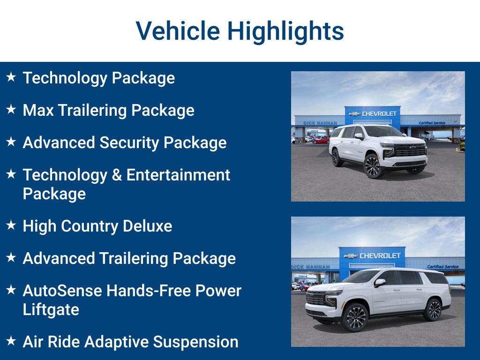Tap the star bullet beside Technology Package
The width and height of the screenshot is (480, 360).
click(x=11, y=77)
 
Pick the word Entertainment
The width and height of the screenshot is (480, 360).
click(x=178, y=175)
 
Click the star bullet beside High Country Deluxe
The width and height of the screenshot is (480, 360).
click(x=11, y=225)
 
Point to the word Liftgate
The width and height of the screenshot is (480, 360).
click(x=51, y=309)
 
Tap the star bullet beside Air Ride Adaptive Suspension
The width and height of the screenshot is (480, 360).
click(x=11, y=341)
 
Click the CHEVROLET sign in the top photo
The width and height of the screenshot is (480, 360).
click(x=378, y=113)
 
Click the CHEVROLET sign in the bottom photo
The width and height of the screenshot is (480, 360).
click(x=379, y=256)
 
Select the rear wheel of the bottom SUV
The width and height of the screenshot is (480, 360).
click(x=433, y=309)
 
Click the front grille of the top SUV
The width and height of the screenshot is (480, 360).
click(x=410, y=150)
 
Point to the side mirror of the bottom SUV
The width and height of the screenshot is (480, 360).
click(x=380, y=283)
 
